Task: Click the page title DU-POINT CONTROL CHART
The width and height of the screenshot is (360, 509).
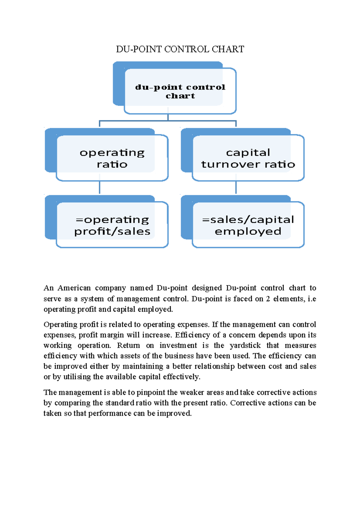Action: tap(180, 49)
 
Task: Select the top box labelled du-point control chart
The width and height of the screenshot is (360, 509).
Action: tap(180, 91)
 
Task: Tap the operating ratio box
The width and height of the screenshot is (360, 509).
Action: tap(112, 158)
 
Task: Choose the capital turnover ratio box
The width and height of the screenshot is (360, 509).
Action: tap(248, 158)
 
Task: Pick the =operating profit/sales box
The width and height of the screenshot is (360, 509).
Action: tap(112, 225)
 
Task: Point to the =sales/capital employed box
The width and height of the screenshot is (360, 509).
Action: tap(248, 225)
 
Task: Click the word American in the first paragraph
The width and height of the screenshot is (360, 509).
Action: tap(74, 288)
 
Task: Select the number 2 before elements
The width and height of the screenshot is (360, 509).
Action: tap(268, 299)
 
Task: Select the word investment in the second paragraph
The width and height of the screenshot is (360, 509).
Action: tap(178, 345)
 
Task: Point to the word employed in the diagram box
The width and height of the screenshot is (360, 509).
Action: tap(248, 231)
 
